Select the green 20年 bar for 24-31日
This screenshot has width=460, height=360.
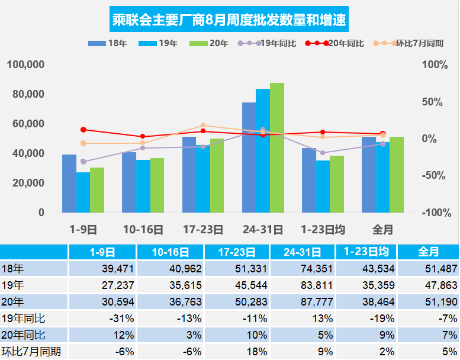point(277,148)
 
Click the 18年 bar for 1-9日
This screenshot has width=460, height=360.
point(69,184)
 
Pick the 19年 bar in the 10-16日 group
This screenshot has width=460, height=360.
point(143,186)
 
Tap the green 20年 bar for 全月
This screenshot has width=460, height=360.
point(397,175)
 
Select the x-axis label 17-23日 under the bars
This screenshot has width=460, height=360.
point(203,229)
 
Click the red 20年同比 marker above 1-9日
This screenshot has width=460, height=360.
point(83,130)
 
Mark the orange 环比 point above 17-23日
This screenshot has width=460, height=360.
point(203,126)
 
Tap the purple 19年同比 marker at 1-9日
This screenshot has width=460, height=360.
point(83,161)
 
